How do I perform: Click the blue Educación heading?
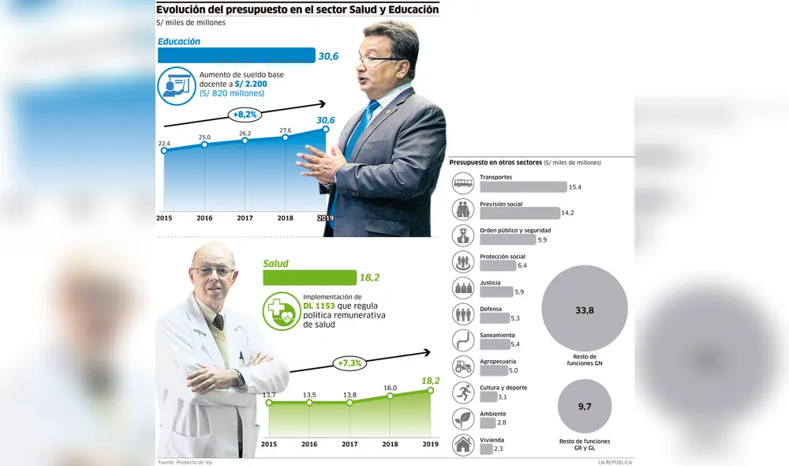[x=179, y=42]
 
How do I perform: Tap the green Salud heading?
[x=275, y=264]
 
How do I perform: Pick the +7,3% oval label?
[x=350, y=363]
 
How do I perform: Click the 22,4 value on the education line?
[x=164, y=143]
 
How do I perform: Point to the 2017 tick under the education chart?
[x=245, y=217]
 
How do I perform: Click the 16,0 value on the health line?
[x=391, y=388]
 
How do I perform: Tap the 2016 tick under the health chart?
[x=309, y=444]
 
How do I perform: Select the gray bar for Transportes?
[x=523, y=187]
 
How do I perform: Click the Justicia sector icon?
[x=463, y=287]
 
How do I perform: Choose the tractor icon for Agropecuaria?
[x=463, y=366]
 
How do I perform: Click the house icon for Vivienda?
[x=463, y=445]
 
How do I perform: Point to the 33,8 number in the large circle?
[x=585, y=310]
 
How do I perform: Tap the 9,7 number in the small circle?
[x=585, y=406]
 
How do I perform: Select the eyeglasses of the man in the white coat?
[x=211, y=271]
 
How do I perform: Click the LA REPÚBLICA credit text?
[x=615, y=462]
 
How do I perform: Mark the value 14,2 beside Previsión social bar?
[x=567, y=213]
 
